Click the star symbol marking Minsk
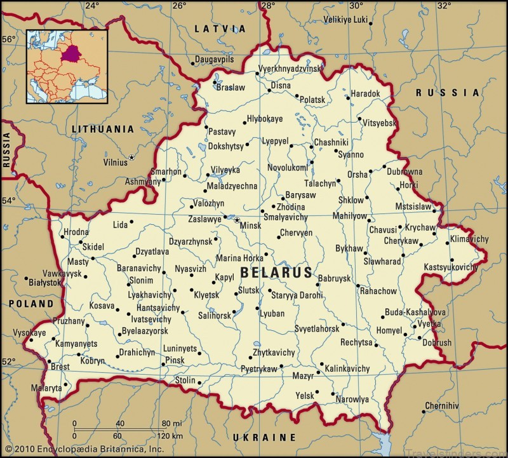pyautogui.click(x=237, y=220)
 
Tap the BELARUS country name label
pyautogui.click(x=276, y=273)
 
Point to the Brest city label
pyautogui.click(x=60, y=367)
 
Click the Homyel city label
pyautogui.click(x=389, y=331)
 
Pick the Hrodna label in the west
pyautogui.click(x=76, y=232)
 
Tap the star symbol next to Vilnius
pyautogui.click(x=132, y=157)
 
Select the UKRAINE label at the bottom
pyautogui.click(x=264, y=438)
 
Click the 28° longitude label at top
pyautogui.click(x=267, y=6)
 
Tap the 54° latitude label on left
pyautogui.click(x=8, y=201)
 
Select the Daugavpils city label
pyautogui.click(x=215, y=60)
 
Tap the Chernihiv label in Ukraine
pyautogui.click(x=442, y=405)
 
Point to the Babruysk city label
pyautogui.click(x=334, y=278)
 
